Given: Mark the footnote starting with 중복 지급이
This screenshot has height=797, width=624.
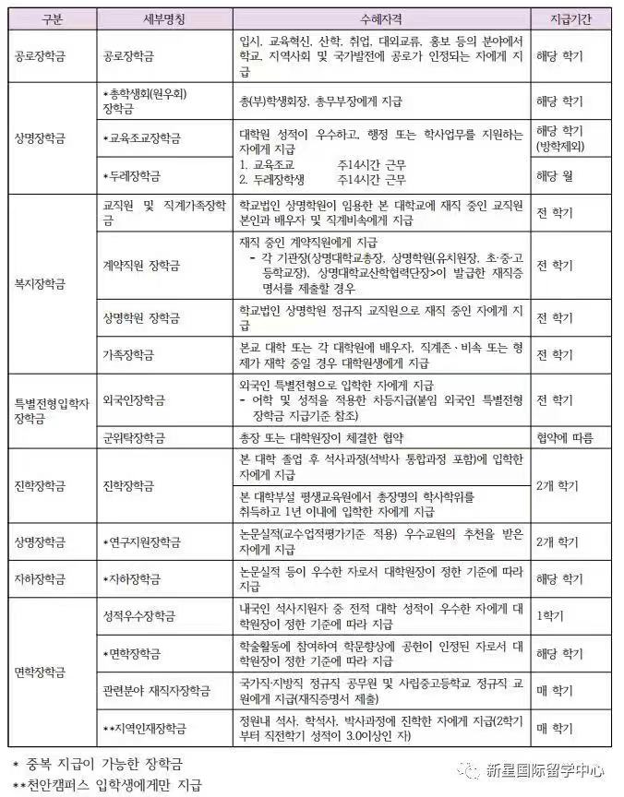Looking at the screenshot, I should [97, 764].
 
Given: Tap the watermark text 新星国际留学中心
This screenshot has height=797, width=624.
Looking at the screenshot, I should [547, 767].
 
